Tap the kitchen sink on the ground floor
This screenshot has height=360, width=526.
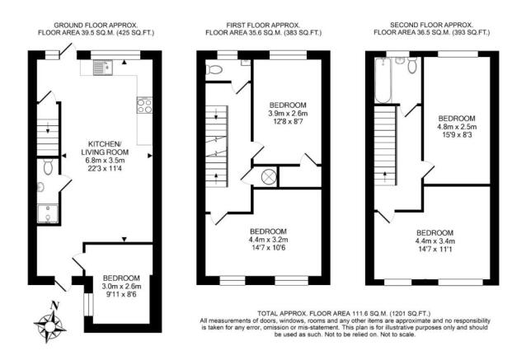pyautogui.click(x=103, y=68)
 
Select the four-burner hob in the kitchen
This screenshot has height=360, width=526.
pyautogui.click(x=143, y=105)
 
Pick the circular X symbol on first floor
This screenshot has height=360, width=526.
pyautogui.click(x=269, y=176)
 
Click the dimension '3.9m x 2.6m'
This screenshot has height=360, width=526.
pyautogui.click(x=288, y=115)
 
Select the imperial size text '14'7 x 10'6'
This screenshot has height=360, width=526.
pyautogui.click(x=268, y=247)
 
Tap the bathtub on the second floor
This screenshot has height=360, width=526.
pyautogui.click(x=381, y=83)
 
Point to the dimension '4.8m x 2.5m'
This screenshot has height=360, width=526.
pyautogui.click(x=457, y=128)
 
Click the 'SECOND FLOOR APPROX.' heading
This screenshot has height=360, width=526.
pyautogui.click(x=432, y=26)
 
